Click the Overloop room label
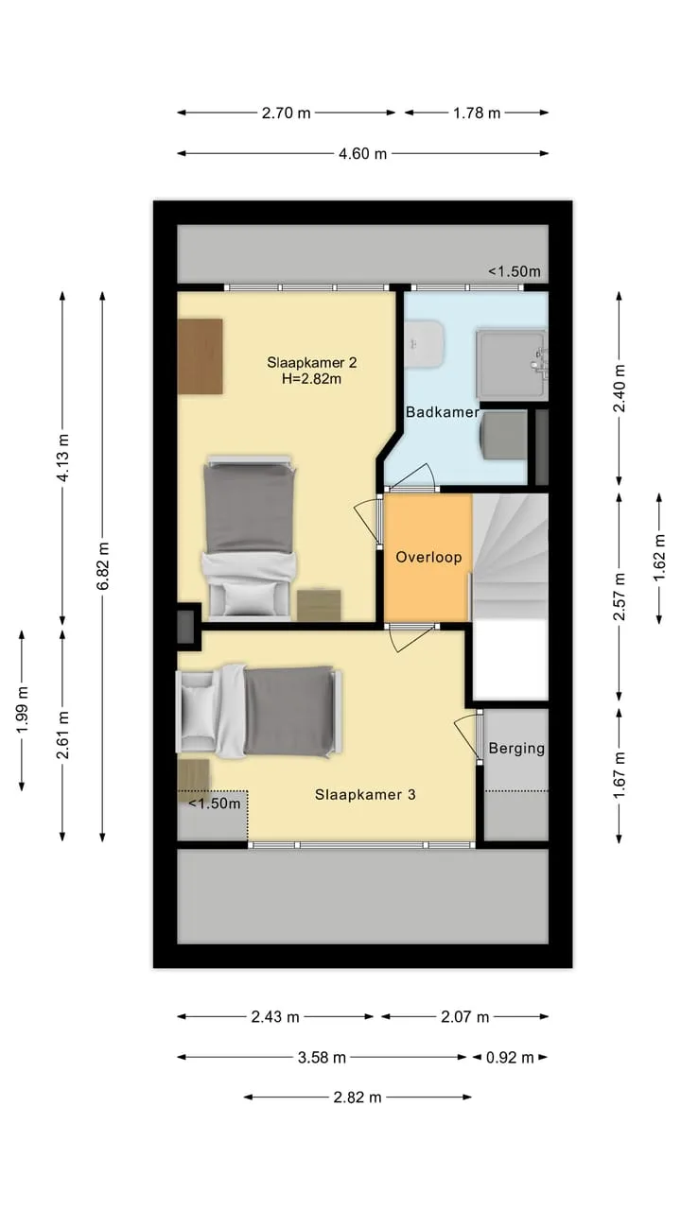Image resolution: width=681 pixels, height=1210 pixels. point(428,558)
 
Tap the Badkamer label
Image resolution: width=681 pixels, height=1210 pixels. point(442,412)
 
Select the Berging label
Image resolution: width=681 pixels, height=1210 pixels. point(516,748)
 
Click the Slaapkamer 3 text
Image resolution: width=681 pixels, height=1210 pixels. point(365,795)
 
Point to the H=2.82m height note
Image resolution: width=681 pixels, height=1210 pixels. point(311,379)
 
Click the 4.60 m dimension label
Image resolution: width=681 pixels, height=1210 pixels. point(362,154)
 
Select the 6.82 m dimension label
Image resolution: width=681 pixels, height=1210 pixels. point(103,565)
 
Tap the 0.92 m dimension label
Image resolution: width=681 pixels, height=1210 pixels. point(510,1057)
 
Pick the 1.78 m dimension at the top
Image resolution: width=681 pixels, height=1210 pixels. point(477,112)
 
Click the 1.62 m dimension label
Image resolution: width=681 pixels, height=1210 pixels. point(659,558)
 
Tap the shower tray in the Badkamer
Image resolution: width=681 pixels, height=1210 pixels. point(509,364)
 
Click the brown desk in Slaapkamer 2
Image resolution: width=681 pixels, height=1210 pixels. point(200,356)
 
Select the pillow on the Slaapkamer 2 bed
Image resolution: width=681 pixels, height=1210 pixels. point(249,599)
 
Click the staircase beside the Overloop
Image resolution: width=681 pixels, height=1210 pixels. point(511,557)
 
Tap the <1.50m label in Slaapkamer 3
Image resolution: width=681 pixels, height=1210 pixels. point(215,804)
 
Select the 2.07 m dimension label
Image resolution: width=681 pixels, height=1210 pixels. point(464,1017)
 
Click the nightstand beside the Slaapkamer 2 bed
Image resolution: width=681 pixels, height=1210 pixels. point(319,605)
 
